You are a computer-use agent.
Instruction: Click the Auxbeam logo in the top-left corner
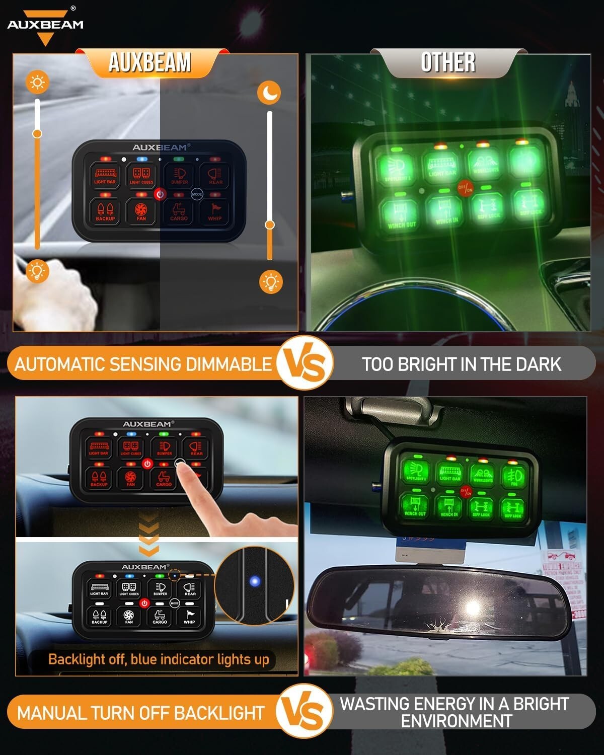tap(45, 25)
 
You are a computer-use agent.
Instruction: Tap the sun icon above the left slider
tap(38, 82)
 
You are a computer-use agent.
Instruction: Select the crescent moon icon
tap(270, 93)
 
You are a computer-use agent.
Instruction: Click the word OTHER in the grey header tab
tap(448, 63)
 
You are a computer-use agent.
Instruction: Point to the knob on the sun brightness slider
tap(37, 133)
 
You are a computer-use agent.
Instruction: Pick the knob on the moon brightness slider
tap(270, 224)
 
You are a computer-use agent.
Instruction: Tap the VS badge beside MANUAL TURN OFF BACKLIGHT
tap(306, 712)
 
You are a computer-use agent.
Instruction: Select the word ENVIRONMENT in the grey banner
tap(456, 721)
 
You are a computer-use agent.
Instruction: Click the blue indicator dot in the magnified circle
tap(255, 582)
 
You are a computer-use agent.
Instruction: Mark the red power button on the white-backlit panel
tap(144, 603)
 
